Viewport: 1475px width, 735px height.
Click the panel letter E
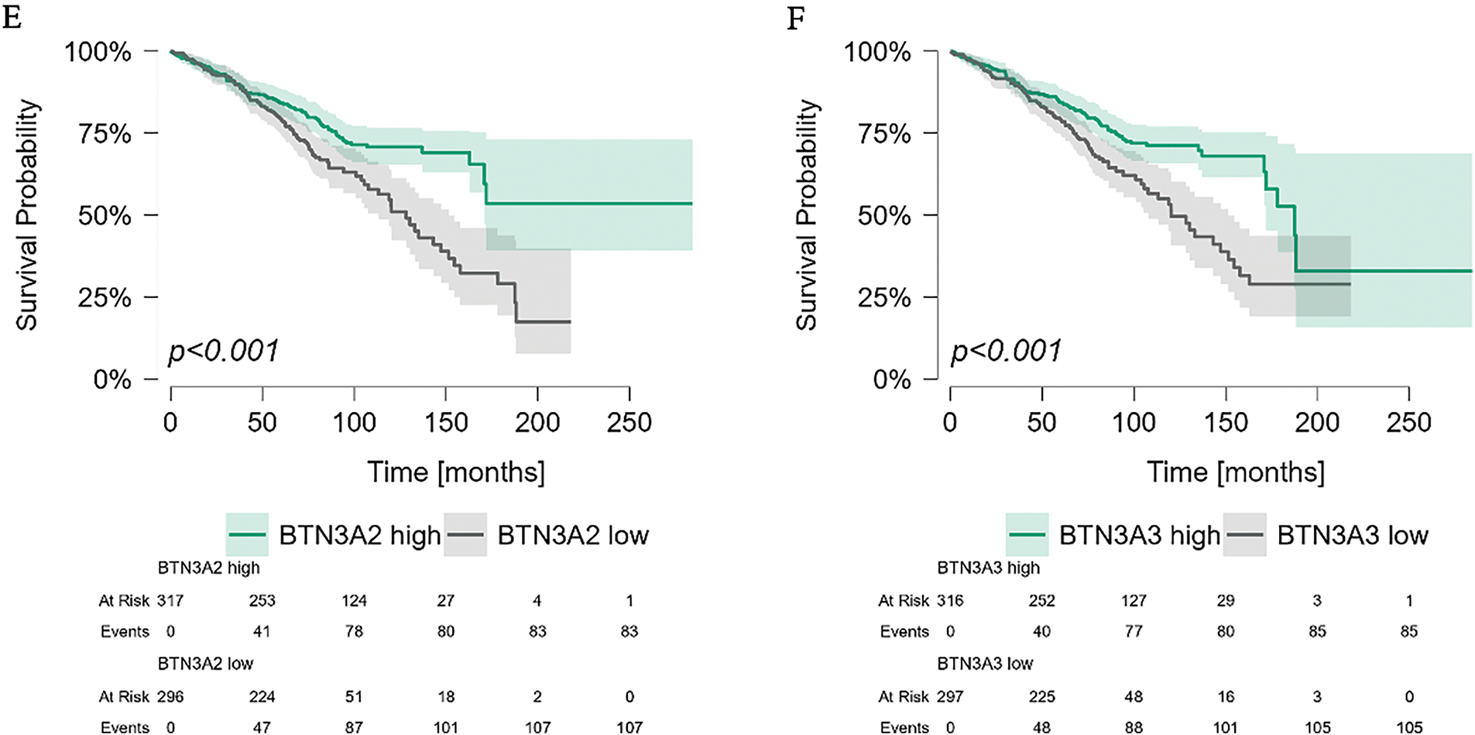coord(12,17)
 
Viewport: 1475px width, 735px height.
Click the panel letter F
coord(795,17)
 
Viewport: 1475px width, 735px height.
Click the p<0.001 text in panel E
coord(223,351)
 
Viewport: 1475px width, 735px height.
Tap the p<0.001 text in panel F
coord(1005,351)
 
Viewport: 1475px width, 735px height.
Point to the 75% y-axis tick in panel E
coord(105,133)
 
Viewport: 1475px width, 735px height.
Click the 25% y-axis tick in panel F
coord(884,297)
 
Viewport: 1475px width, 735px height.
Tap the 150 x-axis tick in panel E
coord(446,422)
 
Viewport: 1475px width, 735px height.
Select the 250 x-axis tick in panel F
coord(1409,422)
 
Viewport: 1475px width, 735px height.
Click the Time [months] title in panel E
coord(455,472)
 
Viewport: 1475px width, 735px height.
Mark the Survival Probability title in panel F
coord(806,215)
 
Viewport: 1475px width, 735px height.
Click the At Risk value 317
coord(170,600)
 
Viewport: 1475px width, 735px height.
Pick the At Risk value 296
coord(170,696)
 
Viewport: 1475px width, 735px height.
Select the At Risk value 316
coord(950,600)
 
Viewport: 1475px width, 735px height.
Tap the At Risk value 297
coord(950,696)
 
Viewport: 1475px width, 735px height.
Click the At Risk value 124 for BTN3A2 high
coord(354,600)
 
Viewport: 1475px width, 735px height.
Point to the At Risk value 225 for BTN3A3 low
coord(1041,696)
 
